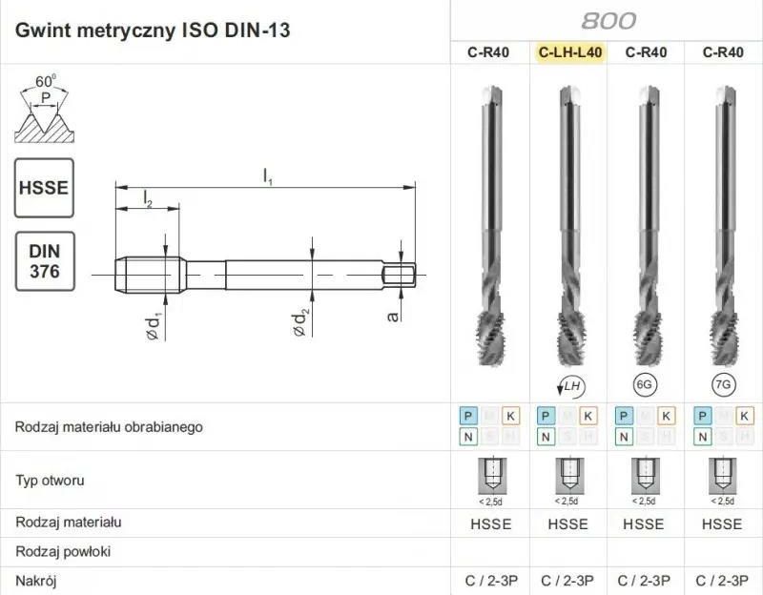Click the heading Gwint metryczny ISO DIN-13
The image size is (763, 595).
[x=153, y=31]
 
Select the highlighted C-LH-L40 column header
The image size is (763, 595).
[x=570, y=52]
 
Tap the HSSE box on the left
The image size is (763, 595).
[x=44, y=187]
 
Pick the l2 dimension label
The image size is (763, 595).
[x=148, y=197]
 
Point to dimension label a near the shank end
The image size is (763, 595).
[x=392, y=312]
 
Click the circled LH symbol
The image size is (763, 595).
[x=569, y=385]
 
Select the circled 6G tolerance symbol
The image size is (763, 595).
[x=646, y=384]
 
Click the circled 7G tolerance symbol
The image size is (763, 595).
[x=723, y=384]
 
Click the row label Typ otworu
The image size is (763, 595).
[x=50, y=480]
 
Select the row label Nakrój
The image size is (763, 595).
[x=36, y=580]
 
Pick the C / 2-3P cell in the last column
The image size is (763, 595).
[x=722, y=580]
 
